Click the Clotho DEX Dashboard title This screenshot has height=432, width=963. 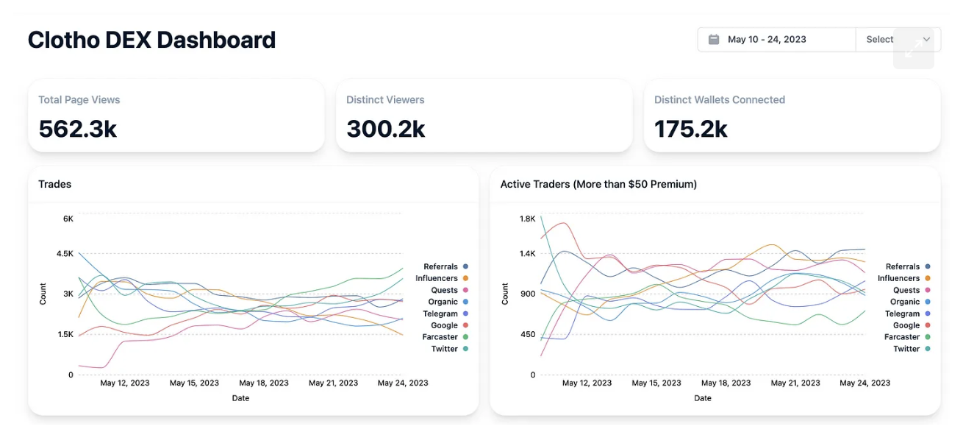point(151,40)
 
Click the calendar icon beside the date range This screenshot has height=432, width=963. point(713,40)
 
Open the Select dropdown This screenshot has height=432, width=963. point(898,40)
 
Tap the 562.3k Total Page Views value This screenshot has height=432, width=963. point(78,130)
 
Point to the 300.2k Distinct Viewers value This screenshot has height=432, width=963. point(386,130)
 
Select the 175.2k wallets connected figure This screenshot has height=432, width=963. point(691,130)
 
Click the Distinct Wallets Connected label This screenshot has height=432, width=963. point(719,100)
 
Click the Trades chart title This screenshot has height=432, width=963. point(55,184)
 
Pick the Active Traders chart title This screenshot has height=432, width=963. point(598,184)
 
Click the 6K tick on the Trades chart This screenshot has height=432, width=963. point(68,219)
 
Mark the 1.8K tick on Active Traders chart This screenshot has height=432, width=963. point(527,219)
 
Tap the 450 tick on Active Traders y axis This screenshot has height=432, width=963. point(529,334)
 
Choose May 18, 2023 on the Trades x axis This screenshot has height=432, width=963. point(264,383)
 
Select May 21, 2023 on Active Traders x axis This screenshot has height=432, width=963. point(795,383)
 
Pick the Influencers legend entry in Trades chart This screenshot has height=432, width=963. point(441,278)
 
